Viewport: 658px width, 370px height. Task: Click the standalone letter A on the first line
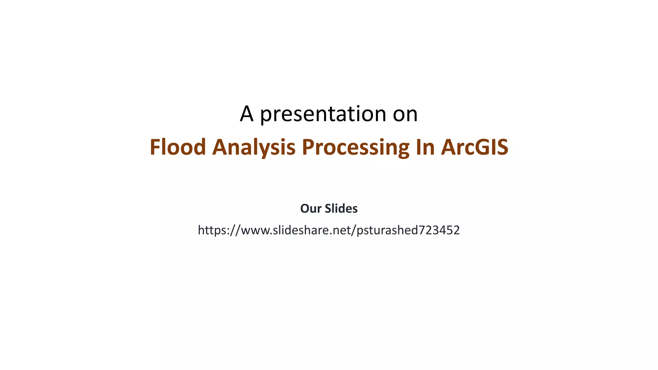click(x=246, y=114)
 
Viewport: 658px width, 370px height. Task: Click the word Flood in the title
click(x=178, y=147)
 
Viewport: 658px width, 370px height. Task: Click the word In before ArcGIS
click(x=425, y=147)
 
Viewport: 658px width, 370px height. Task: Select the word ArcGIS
click(x=475, y=147)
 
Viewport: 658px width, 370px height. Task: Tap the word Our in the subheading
click(x=311, y=209)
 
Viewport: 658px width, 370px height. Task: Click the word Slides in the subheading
click(x=341, y=209)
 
